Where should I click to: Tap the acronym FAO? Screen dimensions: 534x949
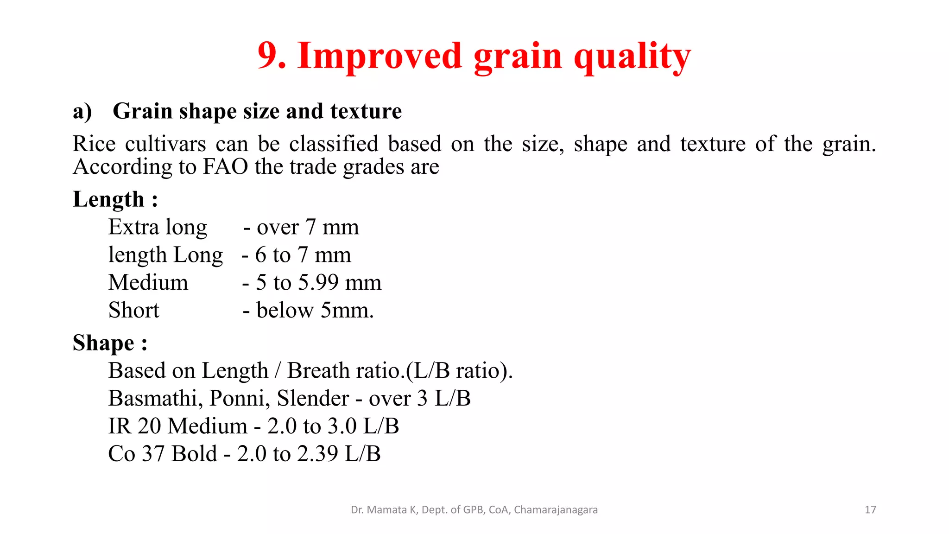(225, 167)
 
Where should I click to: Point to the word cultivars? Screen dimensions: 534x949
(165, 144)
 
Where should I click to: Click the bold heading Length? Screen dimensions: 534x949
(108, 200)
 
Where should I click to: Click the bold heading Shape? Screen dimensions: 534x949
(103, 343)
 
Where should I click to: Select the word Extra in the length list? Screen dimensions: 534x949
(133, 227)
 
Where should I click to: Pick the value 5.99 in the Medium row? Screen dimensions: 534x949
(318, 283)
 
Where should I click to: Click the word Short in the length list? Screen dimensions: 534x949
(133, 310)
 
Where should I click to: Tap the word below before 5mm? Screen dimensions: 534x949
(285, 311)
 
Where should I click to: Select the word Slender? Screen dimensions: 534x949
(313, 398)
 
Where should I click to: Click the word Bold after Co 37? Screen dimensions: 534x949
(194, 454)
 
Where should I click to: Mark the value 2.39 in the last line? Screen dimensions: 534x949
(317, 454)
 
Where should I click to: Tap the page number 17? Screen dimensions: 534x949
(870, 510)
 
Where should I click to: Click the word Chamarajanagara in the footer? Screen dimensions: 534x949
(556, 510)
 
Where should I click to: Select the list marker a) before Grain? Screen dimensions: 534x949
(82, 112)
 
